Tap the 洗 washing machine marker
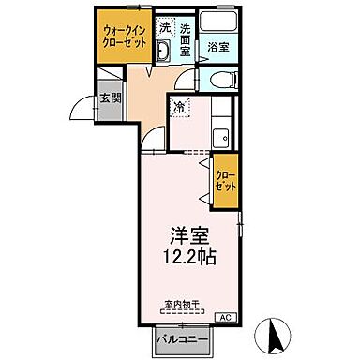[164, 27]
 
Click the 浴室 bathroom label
[218, 46]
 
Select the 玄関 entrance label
[109, 98]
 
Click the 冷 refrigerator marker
[179, 109]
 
